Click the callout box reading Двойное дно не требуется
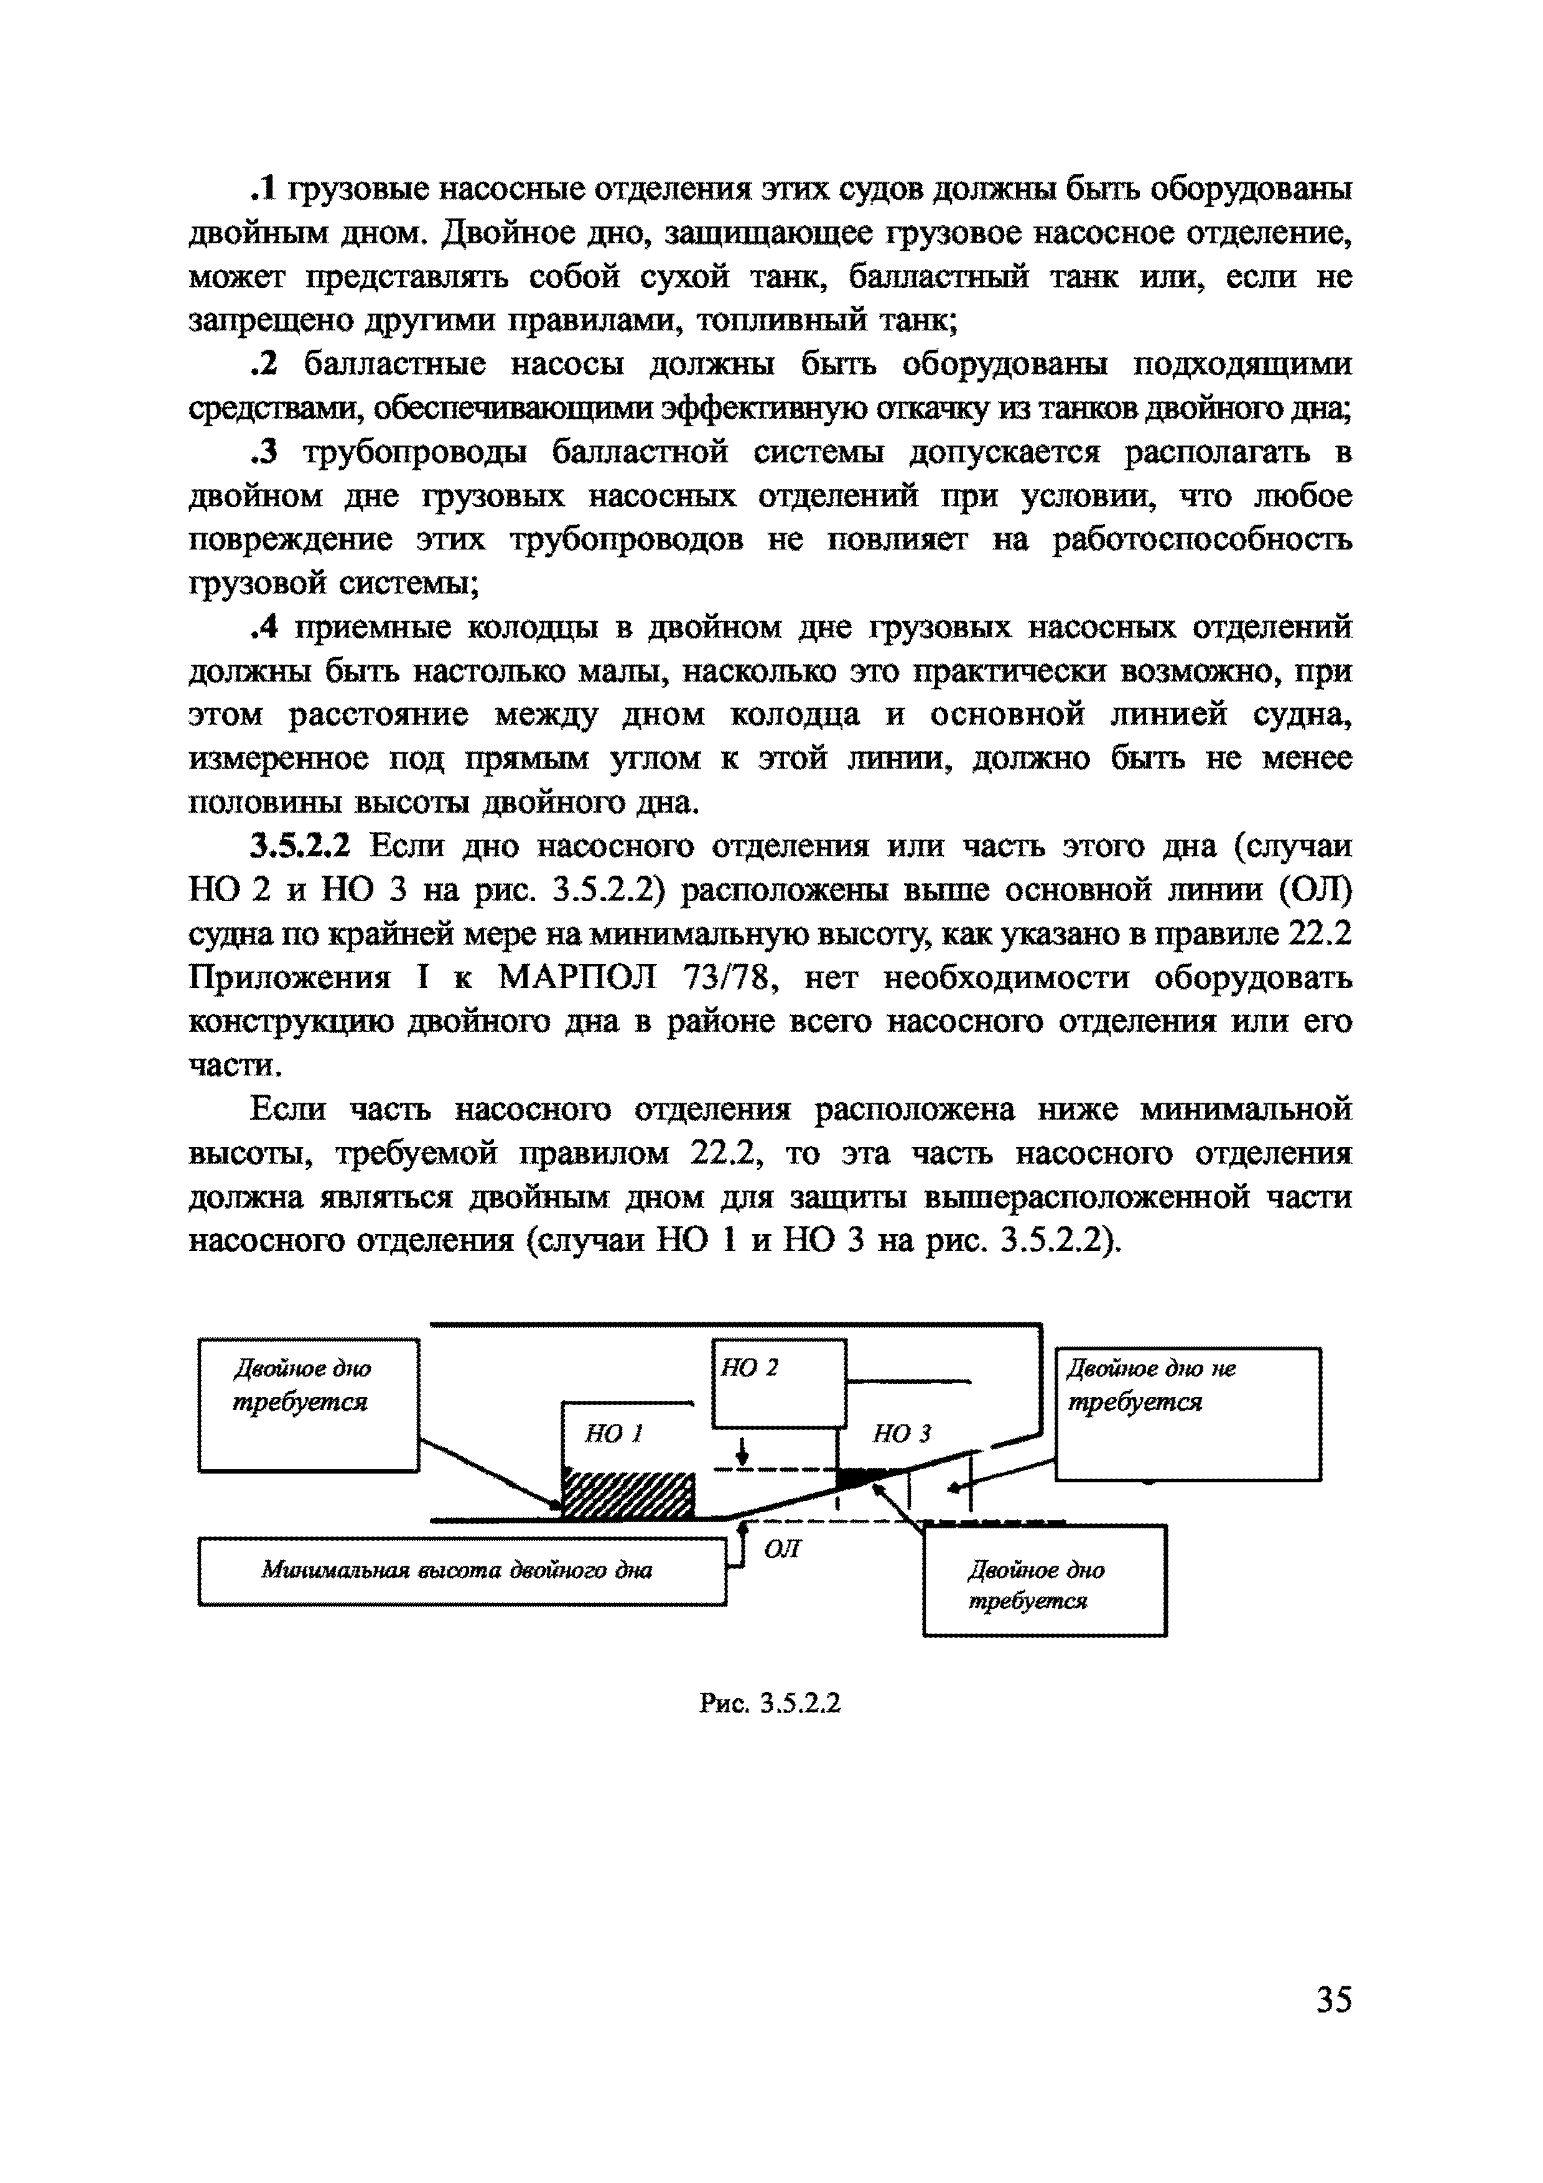(1188, 1413)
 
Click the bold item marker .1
(263, 189)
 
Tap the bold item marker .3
(263, 452)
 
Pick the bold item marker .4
(263, 627)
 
